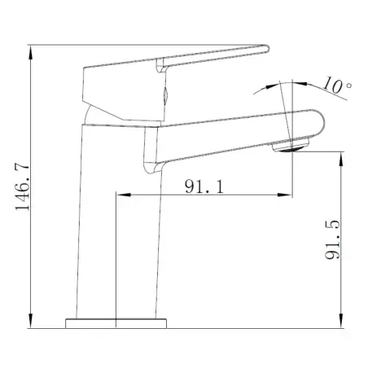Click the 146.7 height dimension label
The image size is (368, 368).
click(23, 186)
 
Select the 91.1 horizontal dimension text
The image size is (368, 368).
click(204, 186)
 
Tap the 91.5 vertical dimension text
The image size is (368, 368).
click(332, 239)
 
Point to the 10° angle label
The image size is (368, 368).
click(337, 85)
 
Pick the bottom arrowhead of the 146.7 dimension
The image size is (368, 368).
click(31, 321)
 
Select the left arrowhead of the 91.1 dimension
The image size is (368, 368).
click(124, 195)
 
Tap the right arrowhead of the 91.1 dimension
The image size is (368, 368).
click(285, 195)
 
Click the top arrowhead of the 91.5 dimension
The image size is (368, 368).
click(341, 159)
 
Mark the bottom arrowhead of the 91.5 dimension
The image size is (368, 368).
click(341, 321)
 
